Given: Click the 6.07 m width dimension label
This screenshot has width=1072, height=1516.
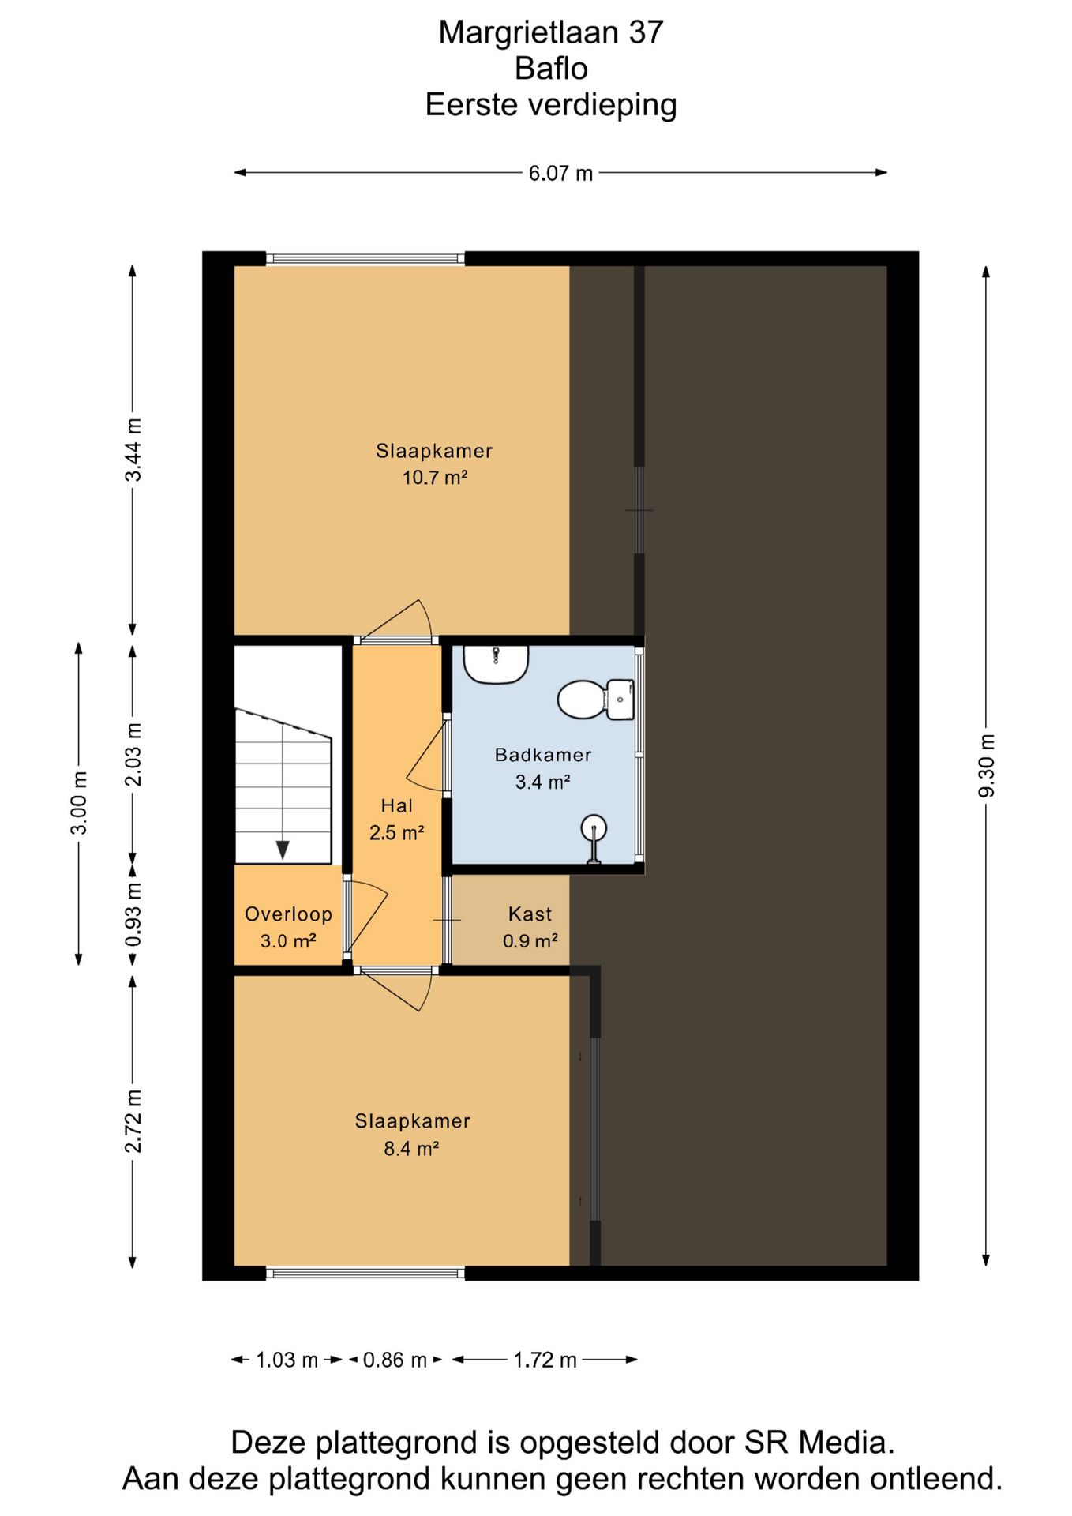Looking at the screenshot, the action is tap(560, 173).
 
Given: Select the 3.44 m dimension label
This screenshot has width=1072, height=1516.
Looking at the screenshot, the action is tap(133, 450).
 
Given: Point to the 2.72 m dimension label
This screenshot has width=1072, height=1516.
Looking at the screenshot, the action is tap(133, 1121).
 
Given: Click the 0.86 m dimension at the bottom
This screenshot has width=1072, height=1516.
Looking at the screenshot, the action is tap(395, 1360).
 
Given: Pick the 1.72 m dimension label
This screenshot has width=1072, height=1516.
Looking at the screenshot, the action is tap(545, 1360).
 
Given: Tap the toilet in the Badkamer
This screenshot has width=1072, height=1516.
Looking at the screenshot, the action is tap(596, 699).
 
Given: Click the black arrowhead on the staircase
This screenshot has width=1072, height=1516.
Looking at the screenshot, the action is tap(283, 850).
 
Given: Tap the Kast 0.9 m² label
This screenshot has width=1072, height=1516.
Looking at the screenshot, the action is tap(530, 928).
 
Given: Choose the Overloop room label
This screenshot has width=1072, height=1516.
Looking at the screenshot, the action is tap(288, 914).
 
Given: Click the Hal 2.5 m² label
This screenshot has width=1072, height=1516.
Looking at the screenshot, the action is tap(397, 820).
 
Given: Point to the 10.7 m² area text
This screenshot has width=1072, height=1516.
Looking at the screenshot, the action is tap(435, 478).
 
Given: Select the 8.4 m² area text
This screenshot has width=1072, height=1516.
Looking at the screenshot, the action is tap(411, 1148).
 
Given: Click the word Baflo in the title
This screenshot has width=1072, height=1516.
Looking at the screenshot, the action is tap(551, 69).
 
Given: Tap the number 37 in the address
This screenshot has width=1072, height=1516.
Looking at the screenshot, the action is tap(646, 32).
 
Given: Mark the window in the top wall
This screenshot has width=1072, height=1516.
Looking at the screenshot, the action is tap(365, 258).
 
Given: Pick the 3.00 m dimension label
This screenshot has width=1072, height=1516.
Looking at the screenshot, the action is tap(79, 803).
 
